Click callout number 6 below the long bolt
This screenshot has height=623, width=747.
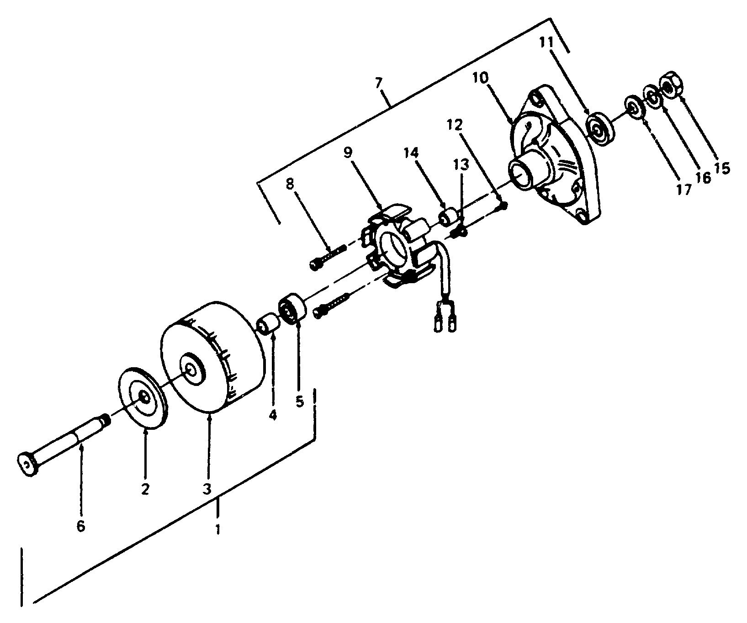click(80, 526)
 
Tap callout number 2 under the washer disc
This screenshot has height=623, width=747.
click(145, 489)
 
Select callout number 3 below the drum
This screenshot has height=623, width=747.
click(207, 489)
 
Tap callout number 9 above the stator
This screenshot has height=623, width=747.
click(348, 153)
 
